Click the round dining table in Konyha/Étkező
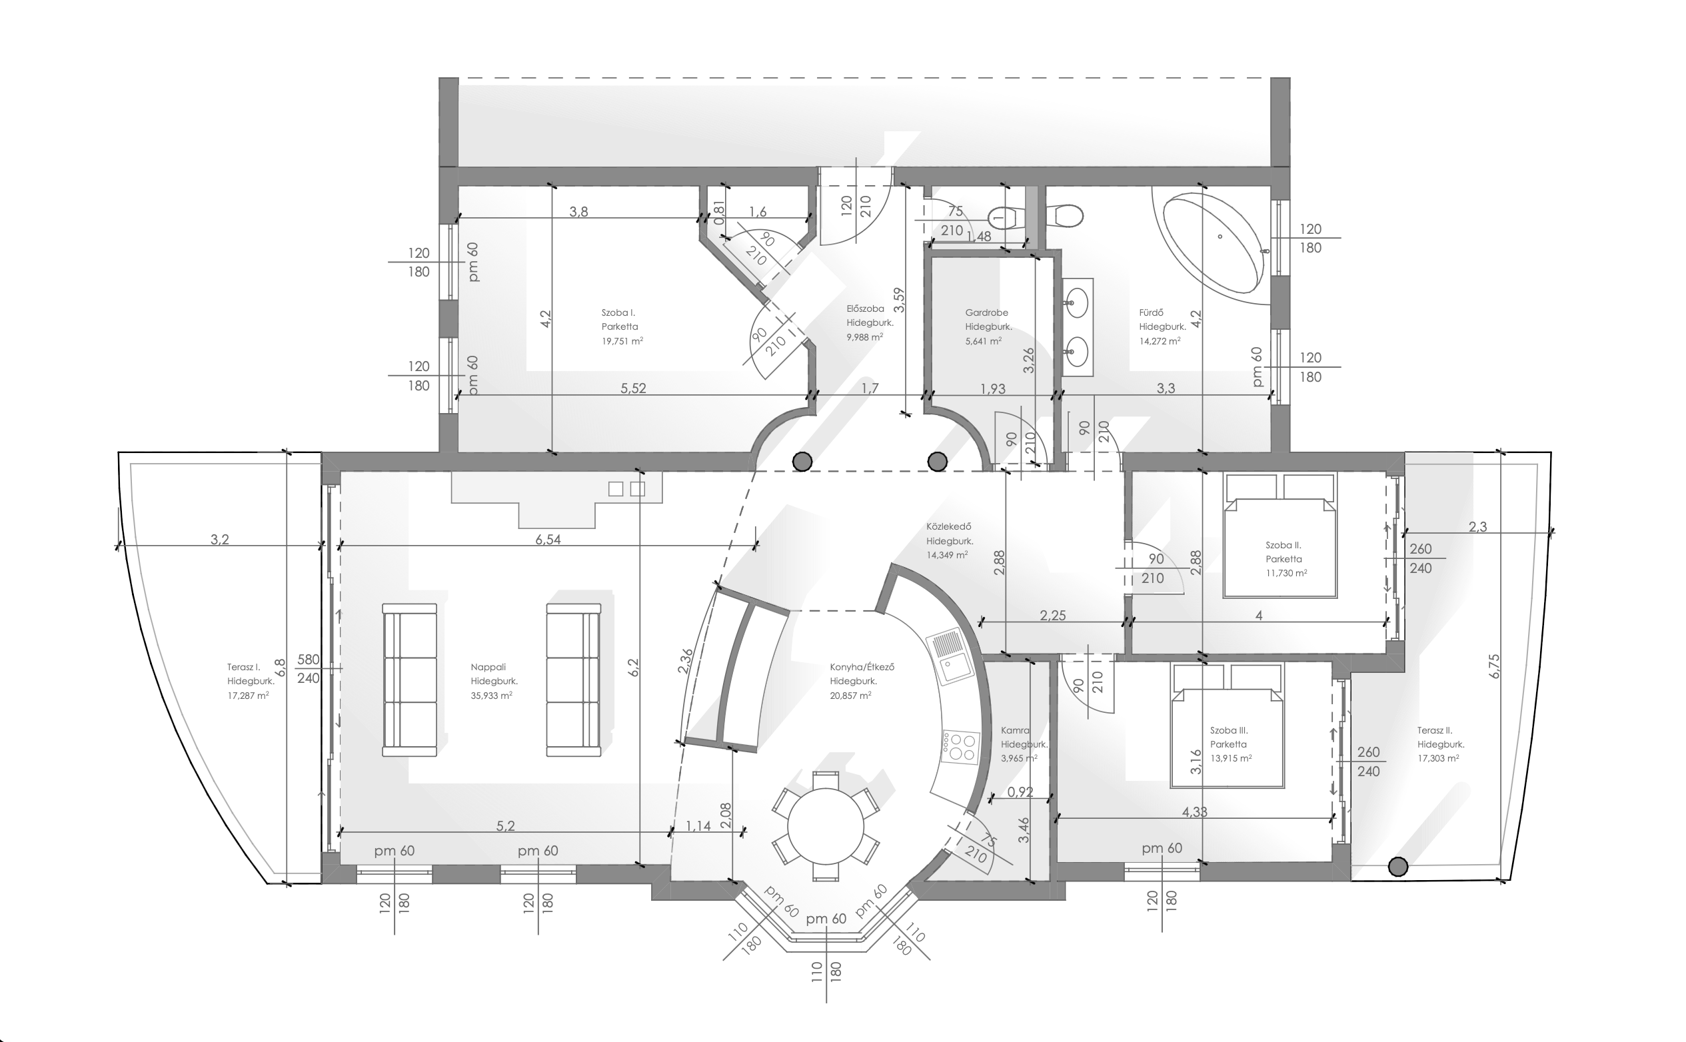click(x=825, y=826)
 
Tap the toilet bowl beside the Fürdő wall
click(x=1064, y=216)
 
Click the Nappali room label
click(x=488, y=667)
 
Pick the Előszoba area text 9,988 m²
click(x=864, y=338)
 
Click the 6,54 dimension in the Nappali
click(x=548, y=540)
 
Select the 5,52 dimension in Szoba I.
click(x=634, y=388)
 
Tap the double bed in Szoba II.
click(x=1279, y=535)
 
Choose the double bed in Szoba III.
click(x=1228, y=725)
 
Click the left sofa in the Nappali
click(x=409, y=680)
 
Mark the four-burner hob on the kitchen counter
click(x=960, y=747)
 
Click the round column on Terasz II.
click(x=1397, y=867)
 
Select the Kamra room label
click(x=1016, y=730)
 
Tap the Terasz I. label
click(x=243, y=667)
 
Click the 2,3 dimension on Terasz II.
click(x=1477, y=527)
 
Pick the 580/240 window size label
click(x=308, y=668)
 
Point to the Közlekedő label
click(x=948, y=527)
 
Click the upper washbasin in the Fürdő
click(x=1077, y=301)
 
